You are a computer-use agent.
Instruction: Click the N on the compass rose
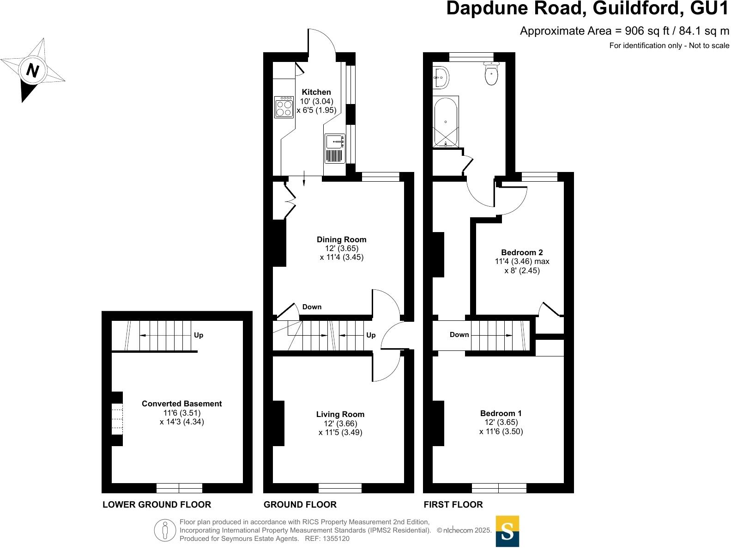pyautogui.click(x=32, y=70)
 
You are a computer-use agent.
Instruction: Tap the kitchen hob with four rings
pyautogui.click(x=284, y=107)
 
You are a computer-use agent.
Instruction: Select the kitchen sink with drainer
pyautogui.click(x=335, y=148)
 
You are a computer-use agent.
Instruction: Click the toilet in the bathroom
pyautogui.click(x=491, y=74)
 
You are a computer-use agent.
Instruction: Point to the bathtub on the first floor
pyautogui.click(x=446, y=122)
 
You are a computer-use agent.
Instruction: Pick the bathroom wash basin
pyautogui.click(x=441, y=78)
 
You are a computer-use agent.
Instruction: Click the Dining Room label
pyautogui.click(x=341, y=239)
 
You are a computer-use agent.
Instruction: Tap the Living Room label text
pyautogui.click(x=340, y=414)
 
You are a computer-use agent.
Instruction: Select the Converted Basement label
pyautogui.click(x=181, y=404)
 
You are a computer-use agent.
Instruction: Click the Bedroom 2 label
pyautogui.click(x=522, y=252)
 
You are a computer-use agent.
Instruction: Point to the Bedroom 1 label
pyautogui.click(x=501, y=413)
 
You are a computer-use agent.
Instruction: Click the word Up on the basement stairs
pyautogui.click(x=199, y=335)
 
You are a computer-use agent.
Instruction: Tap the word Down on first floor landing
pyautogui.click(x=459, y=335)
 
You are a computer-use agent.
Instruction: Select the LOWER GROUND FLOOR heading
pyautogui.click(x=157, y=504)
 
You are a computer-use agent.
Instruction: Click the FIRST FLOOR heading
pyautogui.click(x=453, y=504)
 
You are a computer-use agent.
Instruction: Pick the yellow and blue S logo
pyautogui.click(x=507, y=531)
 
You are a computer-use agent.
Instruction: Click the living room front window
pyautogui.click(x=340, y=488)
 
